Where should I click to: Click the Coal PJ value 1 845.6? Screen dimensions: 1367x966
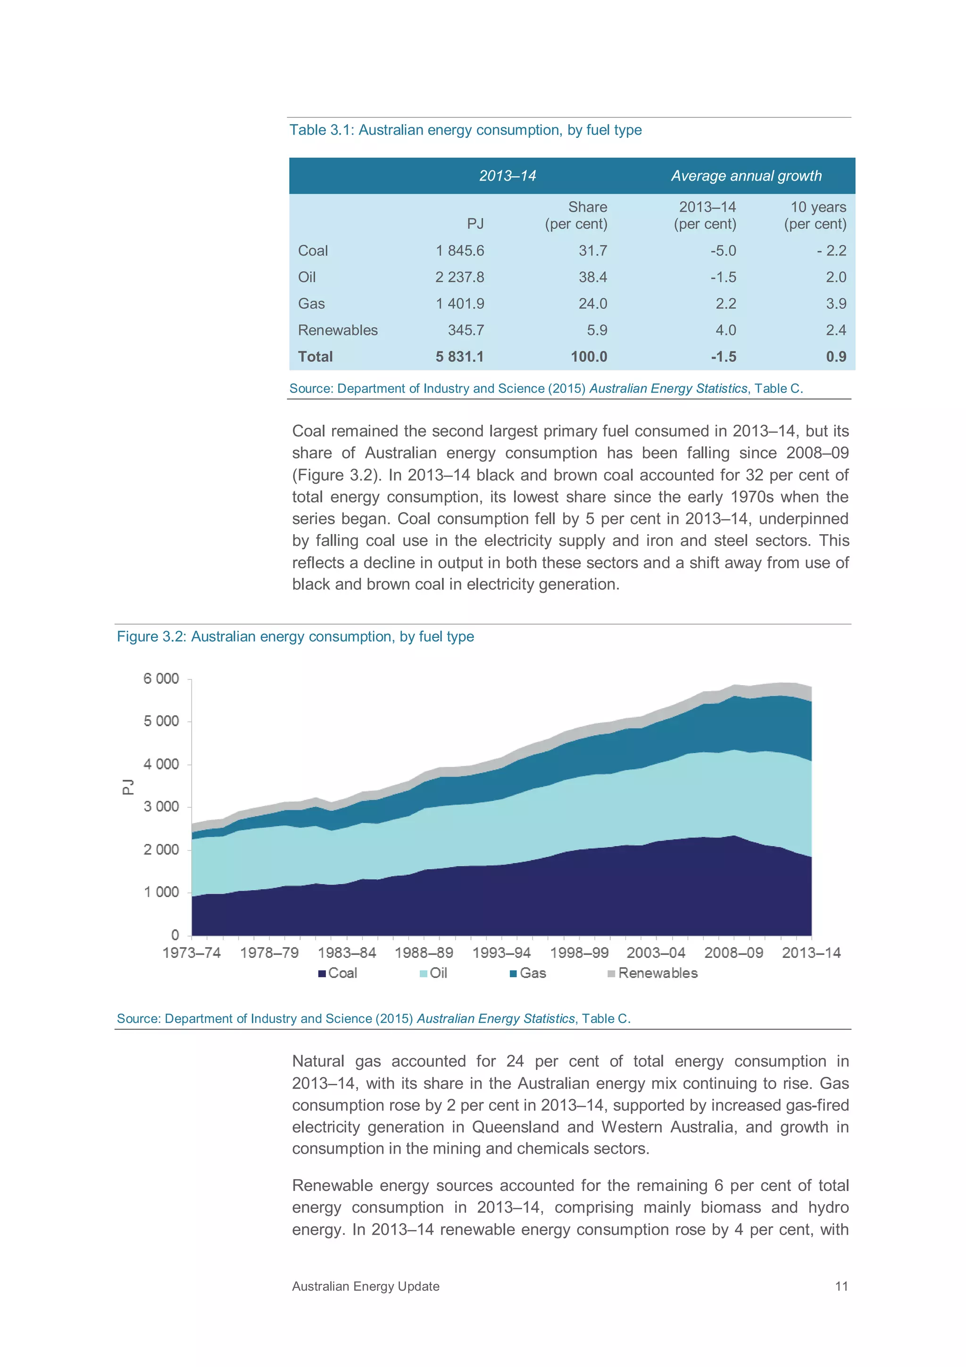point(459,251)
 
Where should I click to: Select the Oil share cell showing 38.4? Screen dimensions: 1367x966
point(593,277)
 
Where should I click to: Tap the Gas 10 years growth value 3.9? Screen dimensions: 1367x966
point(836,303)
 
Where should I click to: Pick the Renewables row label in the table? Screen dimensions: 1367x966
point(337,330)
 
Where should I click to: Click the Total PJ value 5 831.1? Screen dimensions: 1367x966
point(459,357)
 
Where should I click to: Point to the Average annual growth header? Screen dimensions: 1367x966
point(746,176)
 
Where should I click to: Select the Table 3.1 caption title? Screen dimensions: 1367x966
point(466,130)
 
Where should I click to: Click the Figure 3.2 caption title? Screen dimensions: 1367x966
point(295,637)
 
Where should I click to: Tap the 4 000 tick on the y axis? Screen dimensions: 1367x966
point(161,764)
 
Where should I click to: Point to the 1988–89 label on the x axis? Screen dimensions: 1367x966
point(424,953)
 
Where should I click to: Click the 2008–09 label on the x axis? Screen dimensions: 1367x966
point(733,953)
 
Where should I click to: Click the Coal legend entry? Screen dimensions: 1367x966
point(338,973)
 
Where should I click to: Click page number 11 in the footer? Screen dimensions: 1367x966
point(841,1286)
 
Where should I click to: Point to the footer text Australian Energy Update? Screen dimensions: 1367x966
point(366,1286)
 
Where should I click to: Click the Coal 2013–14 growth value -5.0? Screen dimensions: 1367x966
point(723,251)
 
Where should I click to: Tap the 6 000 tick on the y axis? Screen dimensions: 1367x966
point(161,679)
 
